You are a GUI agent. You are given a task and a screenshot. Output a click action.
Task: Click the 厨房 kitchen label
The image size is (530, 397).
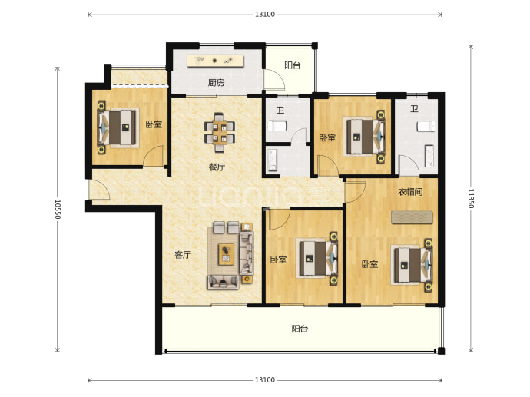coord(216,82)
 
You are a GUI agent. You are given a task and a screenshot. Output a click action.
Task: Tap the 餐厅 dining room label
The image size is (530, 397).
coord(217,167)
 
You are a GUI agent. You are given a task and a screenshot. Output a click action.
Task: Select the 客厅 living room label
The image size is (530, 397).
coord(183,255)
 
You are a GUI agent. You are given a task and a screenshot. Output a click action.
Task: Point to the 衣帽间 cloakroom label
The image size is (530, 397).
coord(410,192)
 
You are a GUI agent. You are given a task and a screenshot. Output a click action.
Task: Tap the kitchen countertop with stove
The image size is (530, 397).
coord(216,61)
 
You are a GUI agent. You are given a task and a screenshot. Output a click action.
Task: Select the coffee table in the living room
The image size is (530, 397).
coord(226,254)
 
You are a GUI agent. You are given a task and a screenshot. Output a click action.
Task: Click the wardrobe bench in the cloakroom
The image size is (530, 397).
coord(412,217)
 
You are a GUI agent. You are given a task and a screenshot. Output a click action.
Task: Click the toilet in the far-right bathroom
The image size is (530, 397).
coord(426,127)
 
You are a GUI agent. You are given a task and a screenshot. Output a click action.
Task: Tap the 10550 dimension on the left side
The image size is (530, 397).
coord(58,209)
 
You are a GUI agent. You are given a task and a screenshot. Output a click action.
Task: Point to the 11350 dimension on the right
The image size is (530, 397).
coord(471,198)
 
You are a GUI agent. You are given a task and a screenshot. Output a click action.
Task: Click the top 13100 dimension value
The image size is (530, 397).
coord(265,14)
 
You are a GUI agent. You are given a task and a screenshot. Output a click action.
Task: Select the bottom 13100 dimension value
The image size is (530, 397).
coord(265,380)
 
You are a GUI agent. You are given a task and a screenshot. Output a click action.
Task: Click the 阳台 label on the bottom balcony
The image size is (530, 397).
coord(300,329)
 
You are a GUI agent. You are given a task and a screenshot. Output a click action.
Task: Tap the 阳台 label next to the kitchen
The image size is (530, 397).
coord(293,65)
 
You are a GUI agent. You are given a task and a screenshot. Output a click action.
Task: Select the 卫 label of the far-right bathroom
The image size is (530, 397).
coord(415,109)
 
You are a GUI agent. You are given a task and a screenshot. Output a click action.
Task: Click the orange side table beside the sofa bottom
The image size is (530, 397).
coord(247,279)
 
